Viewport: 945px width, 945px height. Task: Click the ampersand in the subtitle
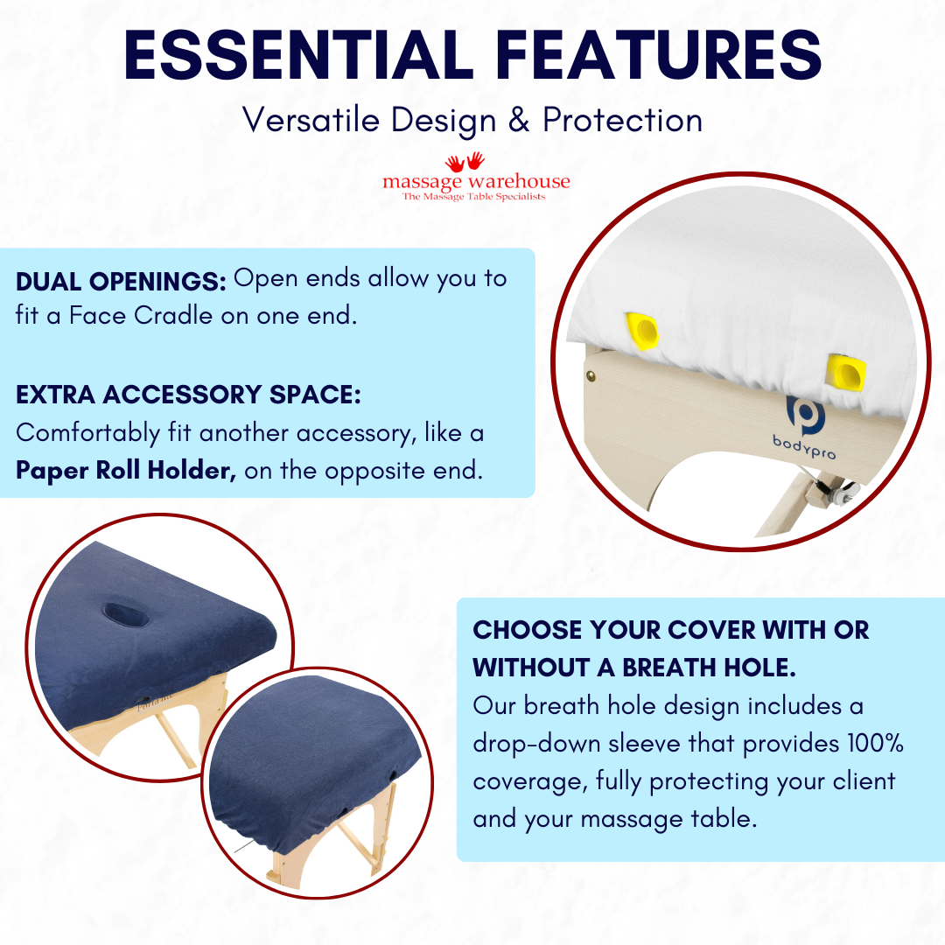[x=519, y=120]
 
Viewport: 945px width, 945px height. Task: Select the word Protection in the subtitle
[x=622, y=120]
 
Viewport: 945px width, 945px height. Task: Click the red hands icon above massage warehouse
[x=465, y=162]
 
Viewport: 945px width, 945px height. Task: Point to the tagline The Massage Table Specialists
[x=473, y=197]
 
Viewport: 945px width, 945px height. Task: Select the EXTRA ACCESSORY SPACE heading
[x=188, y=395]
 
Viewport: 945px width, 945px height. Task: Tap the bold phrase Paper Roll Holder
[x=126, y=471]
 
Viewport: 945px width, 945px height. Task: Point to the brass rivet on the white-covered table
[x=593, y=374]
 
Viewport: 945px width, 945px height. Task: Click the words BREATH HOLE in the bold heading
[x=708, y=668]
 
